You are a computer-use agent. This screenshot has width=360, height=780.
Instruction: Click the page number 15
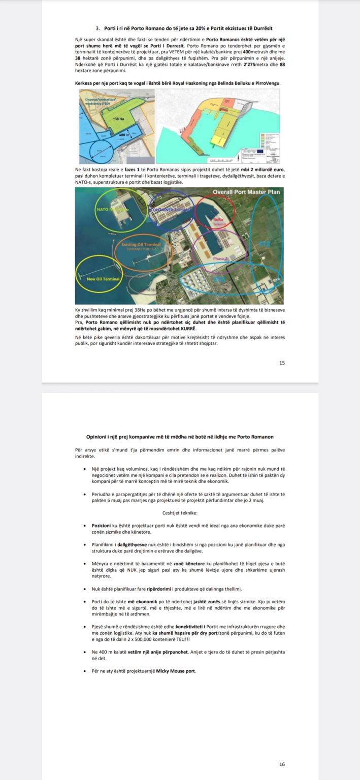click(x=282, y=363)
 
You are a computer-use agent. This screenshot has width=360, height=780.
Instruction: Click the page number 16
click(x=282, y=764)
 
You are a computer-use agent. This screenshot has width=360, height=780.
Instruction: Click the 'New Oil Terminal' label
click(x=103, y=279)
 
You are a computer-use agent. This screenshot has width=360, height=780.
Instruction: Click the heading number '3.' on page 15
click(x=97, y=28)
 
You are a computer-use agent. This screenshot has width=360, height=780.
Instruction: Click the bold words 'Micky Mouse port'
click(x=178, y=671)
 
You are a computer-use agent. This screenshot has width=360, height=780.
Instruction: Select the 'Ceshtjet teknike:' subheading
click(x=180, y=513)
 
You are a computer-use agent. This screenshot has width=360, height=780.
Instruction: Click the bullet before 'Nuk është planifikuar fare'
click(x=84, y=589)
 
